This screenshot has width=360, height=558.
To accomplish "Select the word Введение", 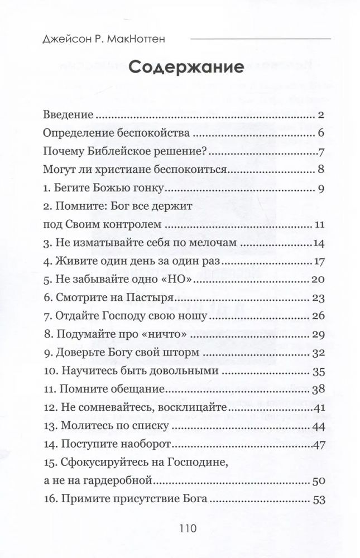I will [x=68, y=116].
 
